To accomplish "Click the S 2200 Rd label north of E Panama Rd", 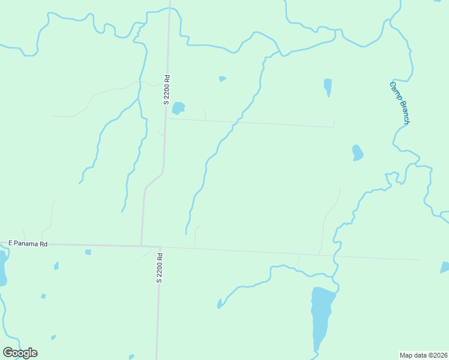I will (x=167, y=89).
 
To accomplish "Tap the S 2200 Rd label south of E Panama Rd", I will (x=160, y=268).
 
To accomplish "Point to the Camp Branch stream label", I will (x=399, y=103).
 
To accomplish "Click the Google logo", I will (x=20, y=353).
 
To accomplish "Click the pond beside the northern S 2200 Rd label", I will (x=178, y=108).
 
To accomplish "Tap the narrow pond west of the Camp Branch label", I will (x=328, y=86).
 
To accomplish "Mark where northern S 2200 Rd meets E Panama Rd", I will (x=142, y=245).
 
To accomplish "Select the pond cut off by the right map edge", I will (x=445, y=267).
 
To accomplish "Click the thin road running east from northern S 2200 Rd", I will (x=252, y=122).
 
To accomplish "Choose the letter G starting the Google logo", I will (x=8, y=353).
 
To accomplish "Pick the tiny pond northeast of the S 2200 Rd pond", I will (x=222, y=79).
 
